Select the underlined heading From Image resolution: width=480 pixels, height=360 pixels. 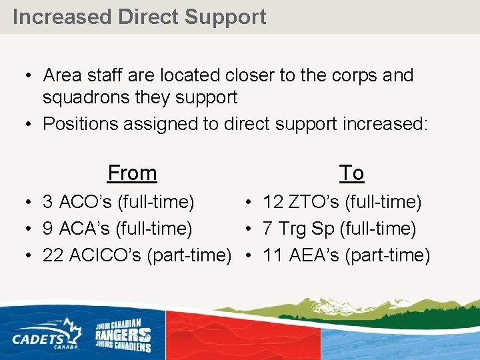[x=132, y=173]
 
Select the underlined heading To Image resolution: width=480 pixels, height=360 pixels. [x=351, y=173]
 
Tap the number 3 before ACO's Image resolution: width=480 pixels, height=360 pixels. [x=48, y=201]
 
